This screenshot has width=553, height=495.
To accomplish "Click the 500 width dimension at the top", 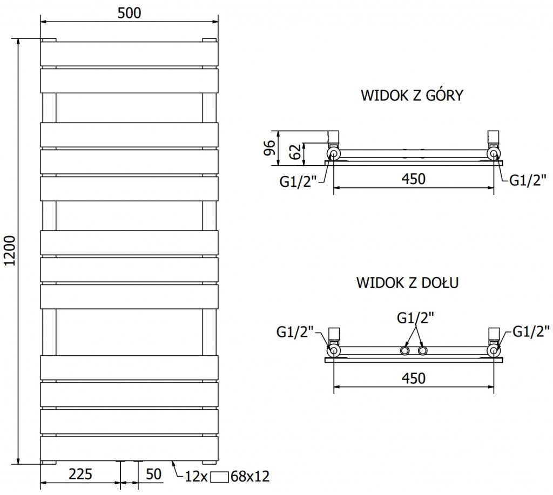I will (x=130, y=12).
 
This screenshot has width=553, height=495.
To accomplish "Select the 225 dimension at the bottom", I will (x=80, y=474).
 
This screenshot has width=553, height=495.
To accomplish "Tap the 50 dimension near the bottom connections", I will (x=154, y=474).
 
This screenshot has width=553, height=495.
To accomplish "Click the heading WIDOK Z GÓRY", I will (x=412, y=96).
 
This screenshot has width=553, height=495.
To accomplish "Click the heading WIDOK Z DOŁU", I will (x=408, y=283).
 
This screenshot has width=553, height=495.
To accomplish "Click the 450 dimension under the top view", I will (x=413, y=179).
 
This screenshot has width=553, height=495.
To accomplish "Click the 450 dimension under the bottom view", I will (x=413, y=378).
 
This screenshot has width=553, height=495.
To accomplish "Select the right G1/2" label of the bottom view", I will (x=530, y=329).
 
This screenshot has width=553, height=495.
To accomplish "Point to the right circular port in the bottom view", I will (x=494, y=351).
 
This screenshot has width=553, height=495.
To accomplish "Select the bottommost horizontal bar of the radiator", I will (x=130, y=449).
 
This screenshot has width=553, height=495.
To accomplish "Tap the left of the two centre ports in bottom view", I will (x=404, y=351).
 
